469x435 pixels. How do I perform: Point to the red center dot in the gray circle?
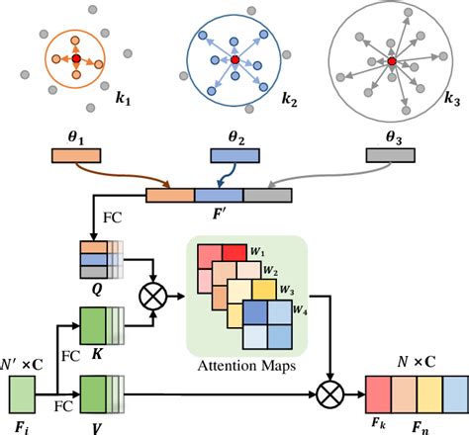(x=392, y=61)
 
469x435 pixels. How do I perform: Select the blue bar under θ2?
(x=234, y=155)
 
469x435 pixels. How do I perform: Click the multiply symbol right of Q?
(x=153, y=294)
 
